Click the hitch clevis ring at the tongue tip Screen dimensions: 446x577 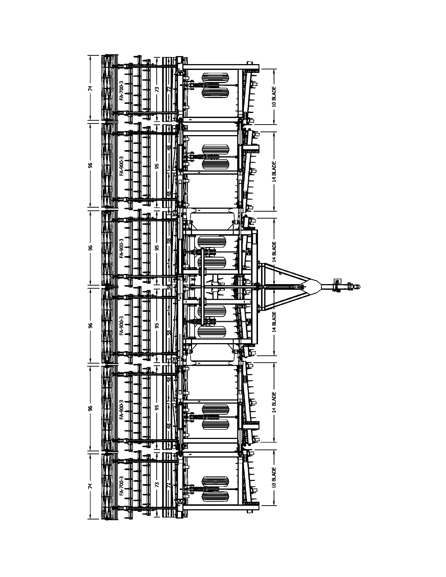tap(357, 287)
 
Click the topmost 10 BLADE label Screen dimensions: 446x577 tap(274, 96)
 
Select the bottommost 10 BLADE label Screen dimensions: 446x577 tap(274, 478)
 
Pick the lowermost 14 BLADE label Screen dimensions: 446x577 tap(274, 402)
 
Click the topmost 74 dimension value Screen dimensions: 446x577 tap(90, 88)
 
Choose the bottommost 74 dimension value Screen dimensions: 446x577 tap(90, 485)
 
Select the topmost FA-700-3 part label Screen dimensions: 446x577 tap(121, 90)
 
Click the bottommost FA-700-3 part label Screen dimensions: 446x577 tap(121, 486)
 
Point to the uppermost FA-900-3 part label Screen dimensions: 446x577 tap(121, 166)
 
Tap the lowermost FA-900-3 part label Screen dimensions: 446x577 tap(121, 409)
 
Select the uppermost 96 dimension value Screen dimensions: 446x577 tap(90, 165)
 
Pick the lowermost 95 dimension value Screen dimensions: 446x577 tap(157, 407)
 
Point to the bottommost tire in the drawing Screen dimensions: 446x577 tap(215, 496)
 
